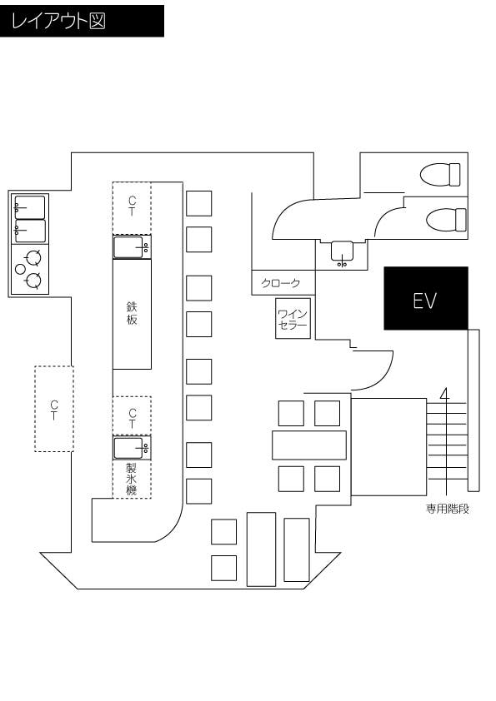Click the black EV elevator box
[425, 298]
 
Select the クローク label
[281, 283]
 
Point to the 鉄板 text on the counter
[132, 313]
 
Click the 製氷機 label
[132, 480]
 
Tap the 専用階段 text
[447, 508]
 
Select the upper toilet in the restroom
[440, 175]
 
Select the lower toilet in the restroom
[442, 220]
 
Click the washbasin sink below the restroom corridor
[343, 252]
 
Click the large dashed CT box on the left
[54, 409]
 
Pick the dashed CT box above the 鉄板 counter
[132, 206]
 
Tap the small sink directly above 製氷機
[133, 448]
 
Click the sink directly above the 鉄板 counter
[132, 247]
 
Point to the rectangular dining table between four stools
[308, 445]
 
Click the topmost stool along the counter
[198, 203]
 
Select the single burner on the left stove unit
[21, 269]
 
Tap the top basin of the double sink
[29, 206]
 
